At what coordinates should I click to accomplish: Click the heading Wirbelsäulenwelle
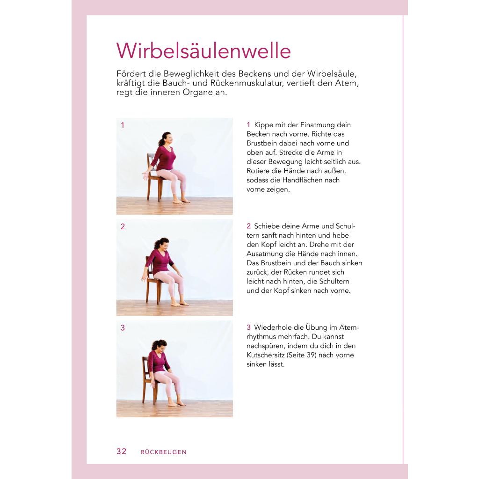pyautogui.click(x=203, y=51)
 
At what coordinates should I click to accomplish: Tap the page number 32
pyautogui.click(x=121, y=451)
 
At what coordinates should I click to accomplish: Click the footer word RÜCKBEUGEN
pyautogui.click(x=164, y=452)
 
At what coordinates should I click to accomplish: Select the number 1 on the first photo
pyautogui.click(x=123, y=125)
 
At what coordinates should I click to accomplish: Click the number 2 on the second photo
pyautogui.click(x=123, y=226)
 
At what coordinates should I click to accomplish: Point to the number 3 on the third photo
pyautogui.click(x=123, y=328)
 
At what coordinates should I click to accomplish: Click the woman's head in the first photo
pyautogui.click(x=167, y=139)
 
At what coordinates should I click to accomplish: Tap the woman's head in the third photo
pyautogui.click(x=159, y=347)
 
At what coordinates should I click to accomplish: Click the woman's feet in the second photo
pyautogui.click(x=180, y=303)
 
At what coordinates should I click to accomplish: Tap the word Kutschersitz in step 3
pyautogui.click(x=266, y=355)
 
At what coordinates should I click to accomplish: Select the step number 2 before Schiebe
pyautogui.click(x=249, y=226)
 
